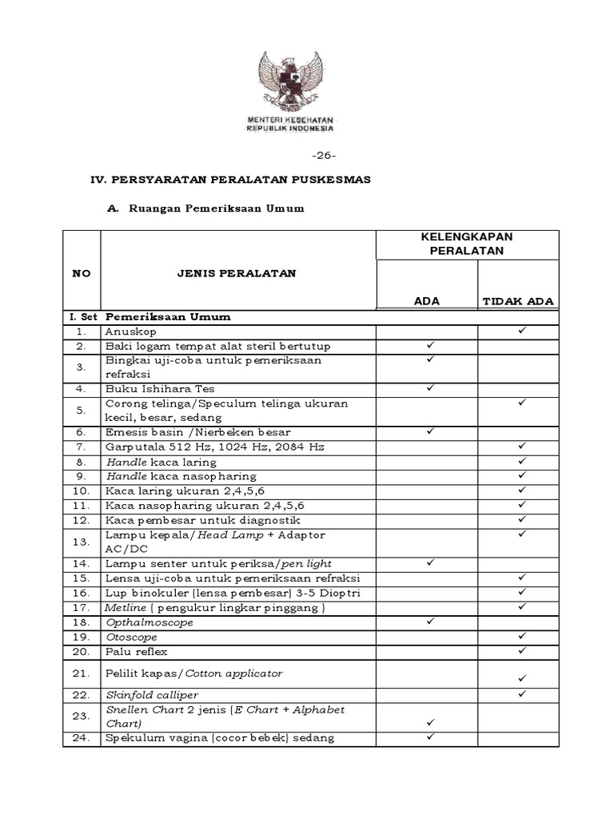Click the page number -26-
click(324, 155)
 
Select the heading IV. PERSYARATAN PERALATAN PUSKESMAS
click(229, 180)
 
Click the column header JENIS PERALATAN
click(237, 273)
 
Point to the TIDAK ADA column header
click(518, 301)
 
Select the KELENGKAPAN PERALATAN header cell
click(467, 244)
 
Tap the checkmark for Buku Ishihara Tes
click(429, 387)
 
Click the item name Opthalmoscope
click(149, 622)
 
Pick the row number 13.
click(81, 542)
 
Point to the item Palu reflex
click(136, 652)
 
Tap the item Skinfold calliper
click(152, 695)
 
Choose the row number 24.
click(81, 738)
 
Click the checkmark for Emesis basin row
click(429, 431)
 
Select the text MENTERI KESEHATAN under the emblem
click(289, 120)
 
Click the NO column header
click(81, 273)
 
